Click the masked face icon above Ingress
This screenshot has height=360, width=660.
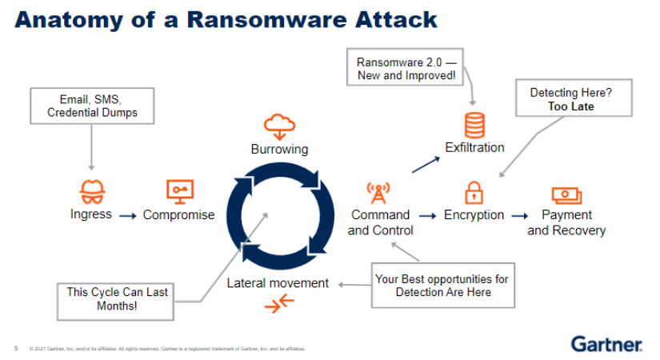(x=91, y=192)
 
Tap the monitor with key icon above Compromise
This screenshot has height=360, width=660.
(x=178, y=190)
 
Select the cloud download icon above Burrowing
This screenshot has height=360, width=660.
(x=279, y=124)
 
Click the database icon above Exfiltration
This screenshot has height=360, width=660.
(x=475, y=125)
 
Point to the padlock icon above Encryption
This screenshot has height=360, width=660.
(x=474, y=193)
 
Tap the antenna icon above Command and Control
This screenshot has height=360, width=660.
(x=378, y=192)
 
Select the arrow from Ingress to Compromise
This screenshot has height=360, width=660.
(x=126, y=215)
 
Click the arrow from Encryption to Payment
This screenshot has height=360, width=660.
(x=520, y=215)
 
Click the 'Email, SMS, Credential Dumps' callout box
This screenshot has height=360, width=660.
(x=92, y=106)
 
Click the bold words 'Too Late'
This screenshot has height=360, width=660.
(x=570, y=106)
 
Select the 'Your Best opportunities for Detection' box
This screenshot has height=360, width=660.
(x=442, y=286)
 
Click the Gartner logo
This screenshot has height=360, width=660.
(x=606, y=344)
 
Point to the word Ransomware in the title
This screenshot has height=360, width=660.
(x=263, y=19)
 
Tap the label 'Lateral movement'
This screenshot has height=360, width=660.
(x=278, y=282)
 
